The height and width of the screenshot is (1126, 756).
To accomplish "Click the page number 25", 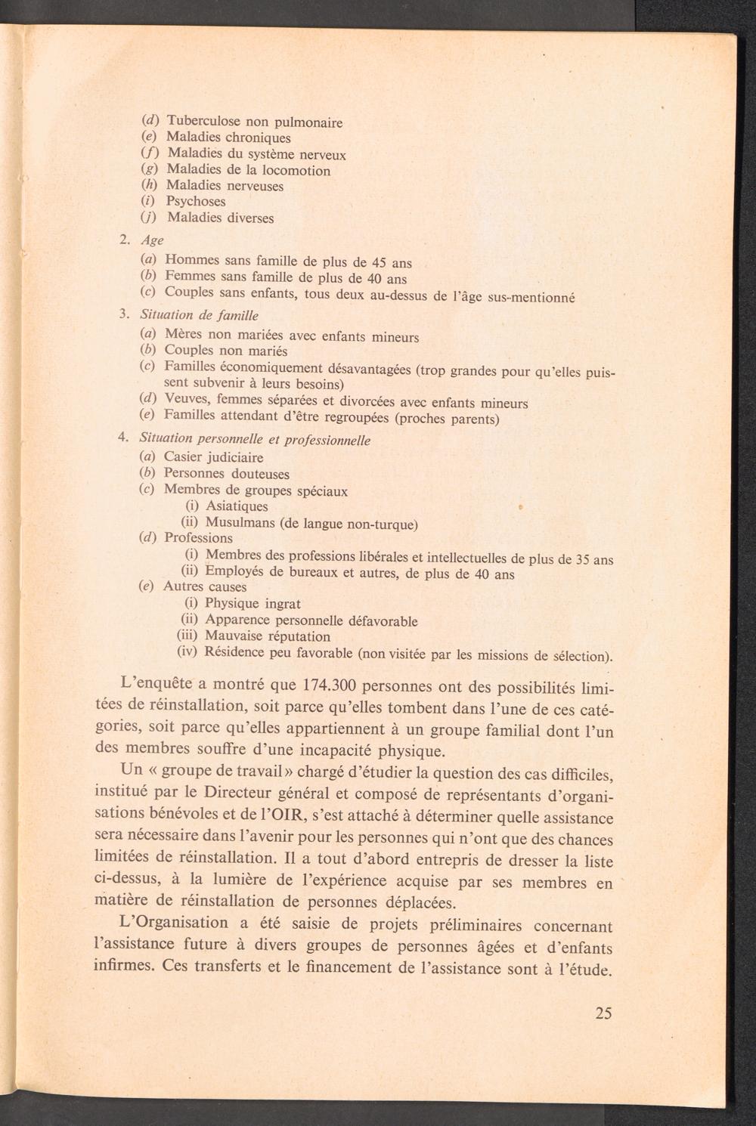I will tap(603, 1013).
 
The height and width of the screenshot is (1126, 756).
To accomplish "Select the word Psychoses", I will tap(196, 201).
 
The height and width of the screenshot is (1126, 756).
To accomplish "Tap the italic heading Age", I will tap(152, 240).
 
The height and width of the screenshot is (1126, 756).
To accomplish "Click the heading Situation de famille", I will tap(200, 314).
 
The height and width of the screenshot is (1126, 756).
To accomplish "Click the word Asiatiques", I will tap(237, 506).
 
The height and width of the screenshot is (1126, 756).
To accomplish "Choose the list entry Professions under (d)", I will tap(198, 538).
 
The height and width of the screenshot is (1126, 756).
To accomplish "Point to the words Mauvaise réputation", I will tap(268, 636).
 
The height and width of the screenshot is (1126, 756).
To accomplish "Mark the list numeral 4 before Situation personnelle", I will tap(122, 438).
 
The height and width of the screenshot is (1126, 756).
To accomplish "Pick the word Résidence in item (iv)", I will tap(234, 652).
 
